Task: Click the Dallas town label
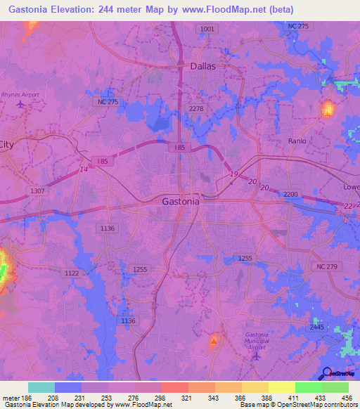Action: (x=203, y=66)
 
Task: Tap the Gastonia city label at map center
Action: (x=181, y=201)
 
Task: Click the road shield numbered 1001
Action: (x=207, y=28)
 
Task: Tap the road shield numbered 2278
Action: (x=196, y=108)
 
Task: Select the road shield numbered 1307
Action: (x=37, y=190)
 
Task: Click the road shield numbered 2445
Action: (x=317, y=327)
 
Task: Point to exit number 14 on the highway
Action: (x=84, y=169)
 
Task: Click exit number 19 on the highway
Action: (x=233, y=174)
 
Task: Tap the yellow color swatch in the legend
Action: (x=282, y=387)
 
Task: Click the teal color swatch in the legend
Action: (x=41, y=387)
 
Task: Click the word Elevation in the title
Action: (x=77, y=9)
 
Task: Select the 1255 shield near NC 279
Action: (x=244, y=259)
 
